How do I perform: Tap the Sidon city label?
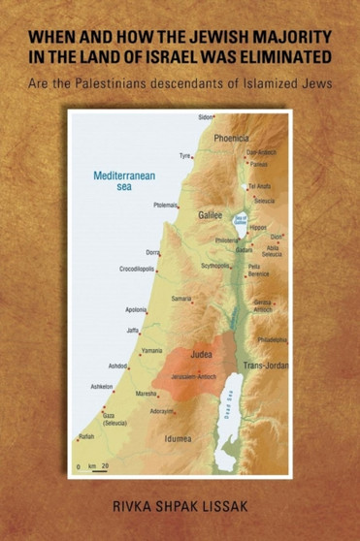tap(205, 117)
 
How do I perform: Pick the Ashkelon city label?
tap(102, 386)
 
